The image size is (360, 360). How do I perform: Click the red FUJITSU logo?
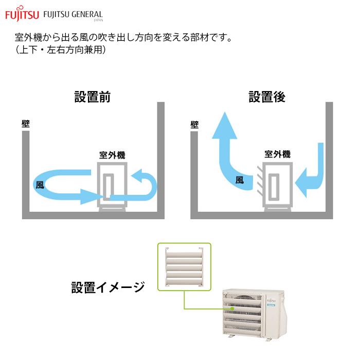coord(21,15)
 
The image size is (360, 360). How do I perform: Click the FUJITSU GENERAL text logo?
coord(74,15)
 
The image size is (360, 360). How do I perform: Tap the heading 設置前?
coord(93,97)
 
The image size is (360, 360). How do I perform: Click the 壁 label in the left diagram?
coord(26,124)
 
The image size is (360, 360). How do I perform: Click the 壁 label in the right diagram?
coord(194,124)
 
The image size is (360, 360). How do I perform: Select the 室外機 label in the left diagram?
coord(112,154)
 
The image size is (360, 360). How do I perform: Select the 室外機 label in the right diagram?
coord(278,154)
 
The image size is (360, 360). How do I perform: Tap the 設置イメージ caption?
coord(108,287)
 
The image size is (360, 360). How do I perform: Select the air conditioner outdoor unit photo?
coord(253,314)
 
